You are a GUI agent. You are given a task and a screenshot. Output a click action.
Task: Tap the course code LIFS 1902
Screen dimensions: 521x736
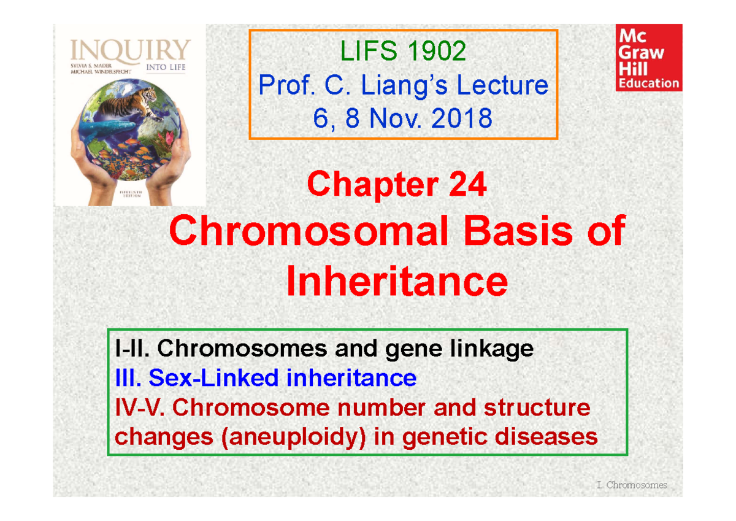pyautogui.click(x=404, y=52)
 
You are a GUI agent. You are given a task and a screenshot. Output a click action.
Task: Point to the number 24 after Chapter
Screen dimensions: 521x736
pyautogui.click(x=467, y=185)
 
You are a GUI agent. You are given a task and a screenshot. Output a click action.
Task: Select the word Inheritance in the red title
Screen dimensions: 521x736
pyautogui.click(x=397, y=282)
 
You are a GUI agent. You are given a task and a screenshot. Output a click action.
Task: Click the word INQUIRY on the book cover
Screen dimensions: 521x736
pyautogui.click(x=131, y=50)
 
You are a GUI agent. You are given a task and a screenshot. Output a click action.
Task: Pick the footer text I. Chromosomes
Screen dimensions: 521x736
pyautogui.click(x=631, y=485)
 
